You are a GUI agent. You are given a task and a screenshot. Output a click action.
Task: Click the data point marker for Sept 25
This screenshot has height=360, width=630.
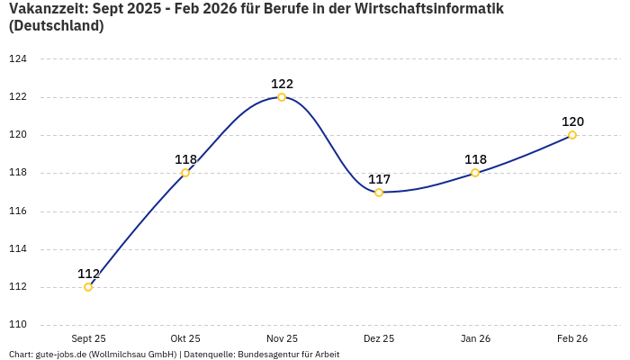pyautogui.click(x=88, y=287)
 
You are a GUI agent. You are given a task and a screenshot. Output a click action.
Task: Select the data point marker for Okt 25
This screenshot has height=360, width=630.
pyautogui.click(x=185, y=173)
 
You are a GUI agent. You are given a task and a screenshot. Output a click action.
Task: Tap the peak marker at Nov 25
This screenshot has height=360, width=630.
pyautogui.click(x=282, y=97)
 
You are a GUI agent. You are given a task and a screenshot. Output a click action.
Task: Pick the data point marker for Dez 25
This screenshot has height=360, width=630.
pyautogui.click(x=379, y=193)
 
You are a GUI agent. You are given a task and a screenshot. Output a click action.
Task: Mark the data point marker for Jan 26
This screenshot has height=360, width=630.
pyautogui.click(x=475, y=173)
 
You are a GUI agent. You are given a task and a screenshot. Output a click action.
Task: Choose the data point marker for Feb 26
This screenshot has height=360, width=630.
pyautogui.click(x=572, y=135)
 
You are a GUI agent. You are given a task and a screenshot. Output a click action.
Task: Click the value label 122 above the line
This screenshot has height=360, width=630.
pyautogui.click(x=282, y=84)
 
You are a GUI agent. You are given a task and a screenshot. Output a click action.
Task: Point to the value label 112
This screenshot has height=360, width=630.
pyautogui.click(x=88, y=274)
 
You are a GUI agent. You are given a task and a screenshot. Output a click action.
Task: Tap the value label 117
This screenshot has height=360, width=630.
pyautogui.click(x=379, y=179)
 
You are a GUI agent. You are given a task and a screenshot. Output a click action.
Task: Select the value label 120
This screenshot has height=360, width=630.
pyautogui.click(x=572, y=121)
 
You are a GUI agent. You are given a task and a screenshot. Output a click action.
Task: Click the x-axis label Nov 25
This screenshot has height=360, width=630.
pyautogui.click(x=282, y=338)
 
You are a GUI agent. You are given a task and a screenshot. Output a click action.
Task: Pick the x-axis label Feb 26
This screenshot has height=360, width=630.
pyautogui.click(x=572, y=338)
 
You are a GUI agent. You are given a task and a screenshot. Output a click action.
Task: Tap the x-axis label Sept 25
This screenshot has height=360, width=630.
pyautogui.click(x=88, y=338)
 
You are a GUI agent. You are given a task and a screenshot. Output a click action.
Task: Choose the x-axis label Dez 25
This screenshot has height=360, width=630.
pyautogui.click(x=379, y=338)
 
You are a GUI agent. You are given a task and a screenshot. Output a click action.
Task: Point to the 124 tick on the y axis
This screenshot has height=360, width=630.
pyautogui.click(x=18, y=59)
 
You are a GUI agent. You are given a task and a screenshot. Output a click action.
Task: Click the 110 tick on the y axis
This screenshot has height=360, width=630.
pyautogui.click(x=18, y=325)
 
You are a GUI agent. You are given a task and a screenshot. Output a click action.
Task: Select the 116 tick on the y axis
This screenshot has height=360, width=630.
pyautogui.click(x=18, y=211)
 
